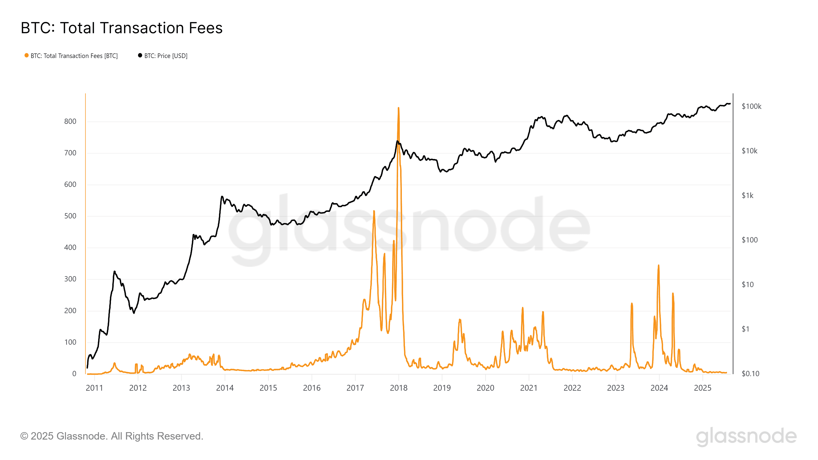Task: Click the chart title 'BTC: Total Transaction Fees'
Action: (x=122, y=28)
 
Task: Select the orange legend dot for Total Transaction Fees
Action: (x=27, y=55)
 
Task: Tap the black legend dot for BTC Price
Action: (x=140, y=55)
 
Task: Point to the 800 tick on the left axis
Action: (x=70, y=121)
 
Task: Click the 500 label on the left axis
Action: (x=70, y=216)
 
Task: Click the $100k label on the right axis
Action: (x=751, y=106)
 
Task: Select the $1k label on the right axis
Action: (x=747, y=195)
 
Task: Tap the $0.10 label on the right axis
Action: (x=750, y=374)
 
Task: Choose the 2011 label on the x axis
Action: (x=94, y=388)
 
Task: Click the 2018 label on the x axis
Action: (x=399, y=388)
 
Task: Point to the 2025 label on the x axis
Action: (x=702, y=388)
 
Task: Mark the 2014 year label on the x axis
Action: (x=225, y=388)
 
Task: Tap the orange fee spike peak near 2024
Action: (x=658, y=266)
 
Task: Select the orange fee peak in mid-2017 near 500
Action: (x=374, y=211)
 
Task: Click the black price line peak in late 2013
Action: (x=222, y=197)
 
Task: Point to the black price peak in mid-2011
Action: (x=114, y=272)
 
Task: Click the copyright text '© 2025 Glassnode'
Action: (x=111, y=436)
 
